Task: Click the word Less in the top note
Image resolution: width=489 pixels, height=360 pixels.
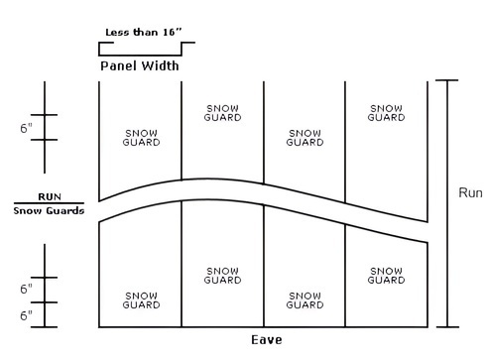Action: pyautogui.click(x=118, y=31)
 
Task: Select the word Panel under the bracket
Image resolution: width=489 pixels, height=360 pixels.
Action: pyautogui.click(x=119, y=66)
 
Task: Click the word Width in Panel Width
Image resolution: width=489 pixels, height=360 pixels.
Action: pyautogui.click(x=160, y=66)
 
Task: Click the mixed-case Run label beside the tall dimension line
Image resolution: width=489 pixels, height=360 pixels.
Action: pyautogui.click(x=469, y=193)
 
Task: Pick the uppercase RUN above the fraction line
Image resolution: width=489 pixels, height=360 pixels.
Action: pyautogui.click(x=49, y=196)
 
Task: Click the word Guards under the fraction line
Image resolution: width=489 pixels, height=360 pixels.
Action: pyautogui.click(x=66, y=210)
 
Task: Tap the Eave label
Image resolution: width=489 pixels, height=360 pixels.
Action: pyautogui.click(x=266, y=340)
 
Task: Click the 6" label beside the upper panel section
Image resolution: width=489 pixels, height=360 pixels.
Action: pyautogui.click(x=26, y=128)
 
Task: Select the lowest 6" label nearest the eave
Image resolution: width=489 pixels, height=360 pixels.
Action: pyautogui.click(x=26, y=315)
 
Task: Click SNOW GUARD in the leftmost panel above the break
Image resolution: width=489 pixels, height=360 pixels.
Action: pyautogui.click(x=140, y=137)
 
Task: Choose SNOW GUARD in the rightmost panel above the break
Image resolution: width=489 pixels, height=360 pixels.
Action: pyautogui.click(x=386, y=112)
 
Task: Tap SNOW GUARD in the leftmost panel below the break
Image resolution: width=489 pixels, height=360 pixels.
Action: pyautogui.click(x=140, y=299)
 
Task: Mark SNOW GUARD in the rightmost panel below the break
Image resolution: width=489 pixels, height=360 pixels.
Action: pyautogui.click(x=386, y=275)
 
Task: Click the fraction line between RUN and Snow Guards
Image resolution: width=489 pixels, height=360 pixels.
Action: pyautogui.click(x=49, y=203)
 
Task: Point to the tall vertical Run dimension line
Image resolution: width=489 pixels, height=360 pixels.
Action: pyautogui.click(x=448, y=203)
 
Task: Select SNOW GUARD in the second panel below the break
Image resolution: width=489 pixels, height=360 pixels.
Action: pyautogui.click(x=222, y=275)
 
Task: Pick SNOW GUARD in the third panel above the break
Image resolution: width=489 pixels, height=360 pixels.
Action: pyautogui.click(x=304, y=137)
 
